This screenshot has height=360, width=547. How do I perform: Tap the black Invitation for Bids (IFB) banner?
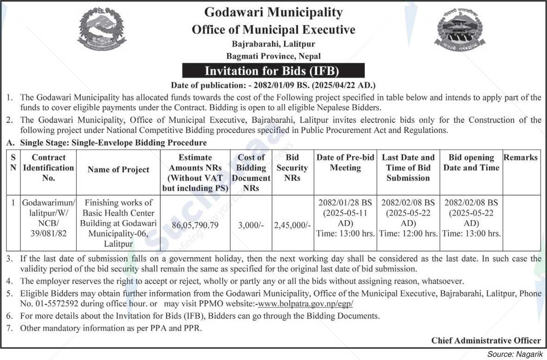click(x=273, y=71)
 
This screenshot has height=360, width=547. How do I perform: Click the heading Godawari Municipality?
click(x=273, y=13)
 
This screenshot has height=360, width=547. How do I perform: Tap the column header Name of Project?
click(x=119, y=170)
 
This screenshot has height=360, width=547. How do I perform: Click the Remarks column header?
click(x=521, y=158)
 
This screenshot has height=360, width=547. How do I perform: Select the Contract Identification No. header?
click(x=48, y=168)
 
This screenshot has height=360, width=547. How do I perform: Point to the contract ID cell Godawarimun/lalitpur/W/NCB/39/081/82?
click(x=48, y=218)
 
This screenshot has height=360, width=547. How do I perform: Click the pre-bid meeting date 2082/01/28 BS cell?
click(x=345, y=203)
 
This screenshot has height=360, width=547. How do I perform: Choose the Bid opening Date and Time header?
click(x=471, y=163)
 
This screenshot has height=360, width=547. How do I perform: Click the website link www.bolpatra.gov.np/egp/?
click(x=306, y=304)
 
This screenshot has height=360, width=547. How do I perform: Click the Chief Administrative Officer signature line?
click(x=486, y=340)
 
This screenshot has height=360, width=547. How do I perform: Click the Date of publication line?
click(x=273, y=85)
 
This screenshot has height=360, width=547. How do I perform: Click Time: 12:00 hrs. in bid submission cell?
click(x=408, y=234)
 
